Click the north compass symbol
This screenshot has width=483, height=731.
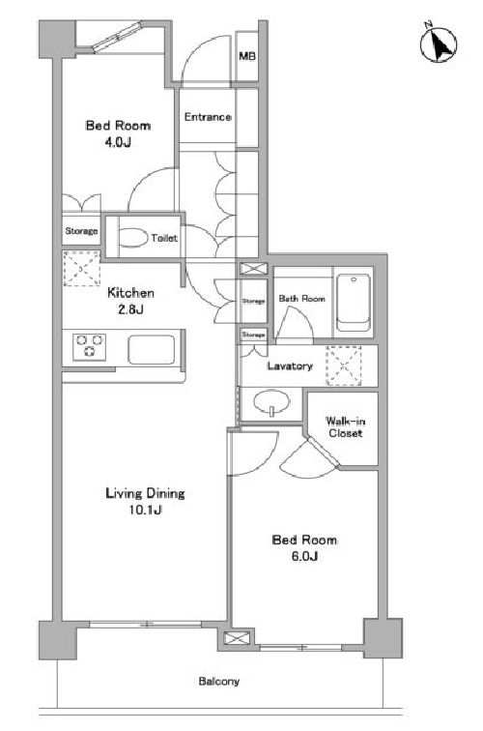(439, 44)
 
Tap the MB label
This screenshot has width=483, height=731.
(247, 56)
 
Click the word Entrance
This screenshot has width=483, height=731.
(208, 117)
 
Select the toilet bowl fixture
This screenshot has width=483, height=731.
(132, 237)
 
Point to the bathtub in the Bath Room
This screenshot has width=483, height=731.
(354, 302)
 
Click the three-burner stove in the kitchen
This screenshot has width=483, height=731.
(90, 347)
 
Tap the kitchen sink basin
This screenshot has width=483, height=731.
(152, 349)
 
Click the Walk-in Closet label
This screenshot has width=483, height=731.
(345, 426)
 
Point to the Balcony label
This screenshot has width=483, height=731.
(219, 681)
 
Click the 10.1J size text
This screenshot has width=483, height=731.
(145, 510)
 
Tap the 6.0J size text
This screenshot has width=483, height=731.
(304, 556)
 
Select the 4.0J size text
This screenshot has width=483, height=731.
(118, 142)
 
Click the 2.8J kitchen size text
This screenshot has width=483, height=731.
(130, 309)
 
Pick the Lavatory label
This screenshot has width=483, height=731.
(290, 365)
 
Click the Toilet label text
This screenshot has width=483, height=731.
(164, 238)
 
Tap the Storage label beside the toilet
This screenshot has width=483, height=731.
(81, 231)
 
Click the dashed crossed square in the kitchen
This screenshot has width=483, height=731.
(81, 269)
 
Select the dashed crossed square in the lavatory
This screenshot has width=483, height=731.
(344, 365)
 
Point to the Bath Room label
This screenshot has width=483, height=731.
(301, 299)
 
